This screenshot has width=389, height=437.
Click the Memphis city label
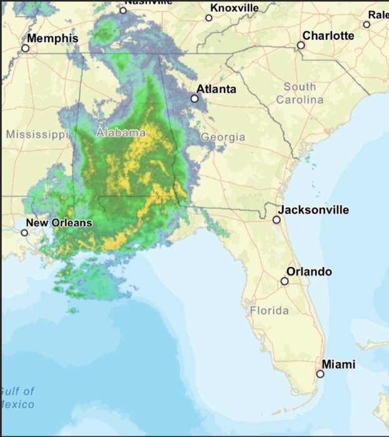[53, 39]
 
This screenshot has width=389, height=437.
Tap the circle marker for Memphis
[26, 48]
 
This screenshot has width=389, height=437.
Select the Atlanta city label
[216, 89]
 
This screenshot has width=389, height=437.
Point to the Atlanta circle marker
[194, 98]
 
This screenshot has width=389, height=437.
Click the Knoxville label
[235, 8]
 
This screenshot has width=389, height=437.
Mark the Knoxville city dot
[209, 18]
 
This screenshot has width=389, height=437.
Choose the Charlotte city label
[328, 36]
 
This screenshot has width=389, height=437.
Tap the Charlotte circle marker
[301, 45]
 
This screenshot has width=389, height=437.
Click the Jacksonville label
[313, 210]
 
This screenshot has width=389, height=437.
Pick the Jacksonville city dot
[276, 220]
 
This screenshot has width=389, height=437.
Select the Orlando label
[309, 272]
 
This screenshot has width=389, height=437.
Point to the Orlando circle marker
[285, 281]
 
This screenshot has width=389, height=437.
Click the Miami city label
[338, 364]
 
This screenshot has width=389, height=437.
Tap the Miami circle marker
[320, 374]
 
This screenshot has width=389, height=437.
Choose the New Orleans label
[59, 223]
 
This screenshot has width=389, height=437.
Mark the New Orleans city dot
[24, 232]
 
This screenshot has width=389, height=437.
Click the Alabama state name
[121, 133]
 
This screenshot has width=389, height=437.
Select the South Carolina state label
[300, 93]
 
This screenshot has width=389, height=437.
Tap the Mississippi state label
[36, 134]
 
